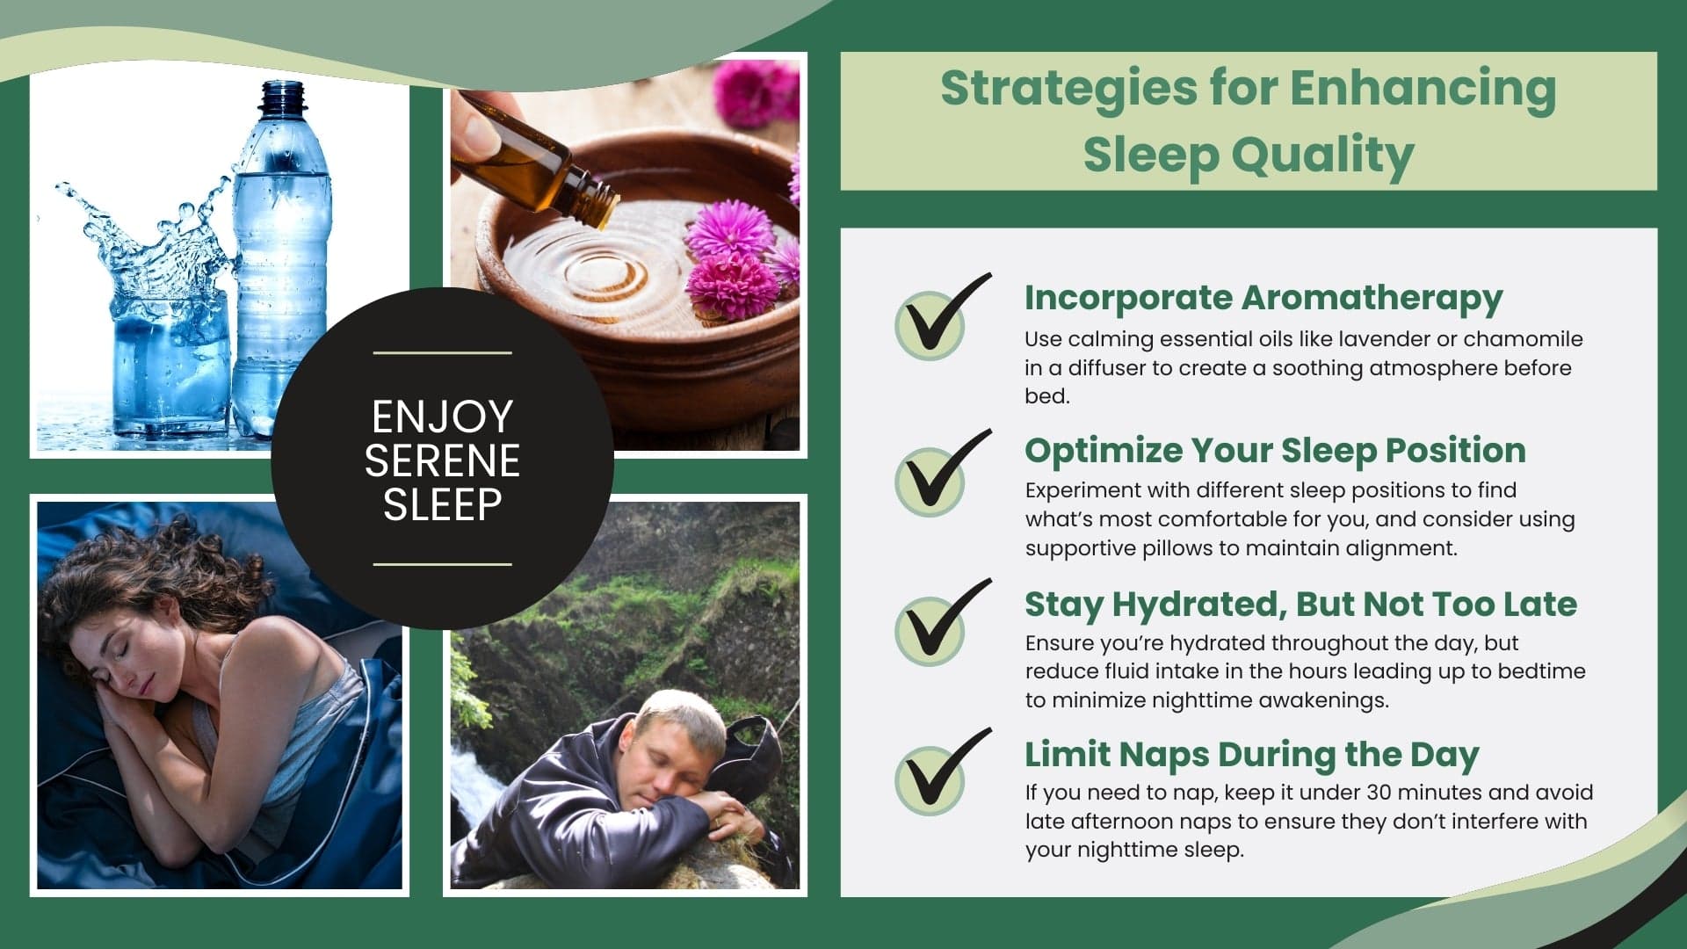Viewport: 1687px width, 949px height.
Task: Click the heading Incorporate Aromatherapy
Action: [1263, 299]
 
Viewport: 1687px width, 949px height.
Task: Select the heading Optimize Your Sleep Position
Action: [1274, 451]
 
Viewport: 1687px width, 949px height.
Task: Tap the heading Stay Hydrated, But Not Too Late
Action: [1300, 605]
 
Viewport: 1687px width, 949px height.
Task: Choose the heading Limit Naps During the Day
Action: [1251, 755]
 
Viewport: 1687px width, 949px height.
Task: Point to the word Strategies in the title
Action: [1068, 88]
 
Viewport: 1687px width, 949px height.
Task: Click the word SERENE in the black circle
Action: [442, 460]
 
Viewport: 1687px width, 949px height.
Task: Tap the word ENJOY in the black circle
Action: [442, 417]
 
